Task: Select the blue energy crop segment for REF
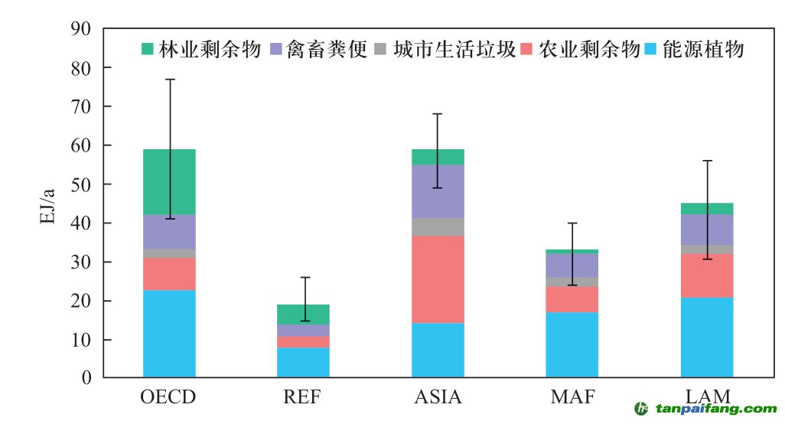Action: click(x=303, y=363)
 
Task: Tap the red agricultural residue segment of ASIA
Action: click(x=438, y=279)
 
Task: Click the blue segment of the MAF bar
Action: click(x=572, y=344)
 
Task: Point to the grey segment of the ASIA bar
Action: click(x=438, y=227)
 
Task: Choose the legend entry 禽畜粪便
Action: click(x=329, y=51)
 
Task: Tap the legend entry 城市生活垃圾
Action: click(x=455, y=51)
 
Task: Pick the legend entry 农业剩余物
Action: click(x=589, y=51)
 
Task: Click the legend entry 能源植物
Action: click(x=704, y=51)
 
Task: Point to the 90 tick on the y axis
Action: click(x=80, y=29)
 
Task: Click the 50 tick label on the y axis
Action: click(x=80, y=184)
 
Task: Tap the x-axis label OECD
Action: click(x=168, y=397)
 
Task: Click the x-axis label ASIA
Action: click(x=438, y=397)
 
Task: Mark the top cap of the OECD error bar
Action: click(x=170, y=79)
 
